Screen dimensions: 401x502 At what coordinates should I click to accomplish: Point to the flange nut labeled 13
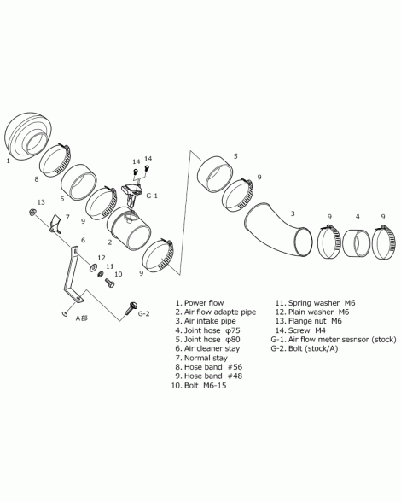(32, 213)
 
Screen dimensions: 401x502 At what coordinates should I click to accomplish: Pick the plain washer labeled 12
(94, 266)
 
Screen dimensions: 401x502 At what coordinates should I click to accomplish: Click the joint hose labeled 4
(356, 243)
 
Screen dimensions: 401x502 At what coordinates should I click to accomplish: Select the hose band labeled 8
(55, 161)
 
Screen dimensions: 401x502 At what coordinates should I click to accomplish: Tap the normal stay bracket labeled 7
(55, 223)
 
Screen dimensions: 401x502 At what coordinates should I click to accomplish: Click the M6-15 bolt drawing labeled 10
(110, 283)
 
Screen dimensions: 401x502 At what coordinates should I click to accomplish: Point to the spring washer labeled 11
(101, 274)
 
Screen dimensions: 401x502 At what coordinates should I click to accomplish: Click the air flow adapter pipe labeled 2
(129, 229)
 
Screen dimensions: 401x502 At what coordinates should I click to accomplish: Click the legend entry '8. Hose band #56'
(208, 367)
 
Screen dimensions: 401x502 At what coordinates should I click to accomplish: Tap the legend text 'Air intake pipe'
(210, 321)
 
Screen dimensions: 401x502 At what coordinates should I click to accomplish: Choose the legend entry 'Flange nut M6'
(315, 321)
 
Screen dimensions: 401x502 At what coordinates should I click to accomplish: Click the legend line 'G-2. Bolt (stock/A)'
(305, 348)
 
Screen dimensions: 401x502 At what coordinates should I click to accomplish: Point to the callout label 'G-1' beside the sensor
(152, 196)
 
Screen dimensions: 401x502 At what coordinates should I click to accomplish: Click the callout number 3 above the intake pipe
(292, 213)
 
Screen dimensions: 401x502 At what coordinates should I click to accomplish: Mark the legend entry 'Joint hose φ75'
(212, 330)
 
